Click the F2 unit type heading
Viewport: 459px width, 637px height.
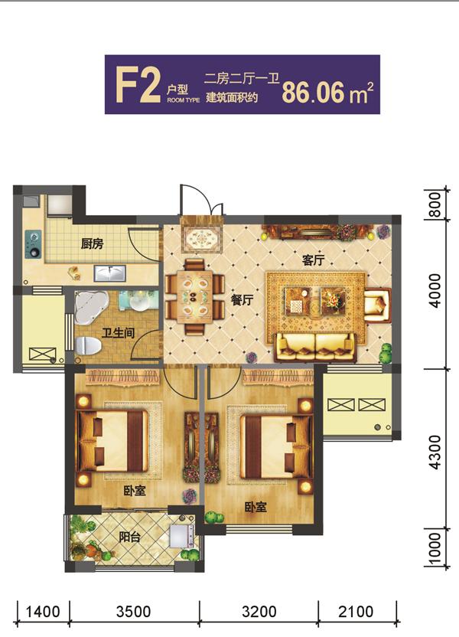coord(138,84)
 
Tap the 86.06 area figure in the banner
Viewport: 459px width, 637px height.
coord(313,93)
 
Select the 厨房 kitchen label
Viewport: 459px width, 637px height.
coord(92,243)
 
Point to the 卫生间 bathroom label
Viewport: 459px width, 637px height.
coord(118,333)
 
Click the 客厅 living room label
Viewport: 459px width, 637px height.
coord(314,260)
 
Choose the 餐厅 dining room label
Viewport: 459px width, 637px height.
coord(243,300)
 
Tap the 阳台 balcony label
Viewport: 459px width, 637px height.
coord(130,537)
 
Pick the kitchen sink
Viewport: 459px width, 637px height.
coord(109,273)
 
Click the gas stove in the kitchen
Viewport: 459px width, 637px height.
coord(33,244)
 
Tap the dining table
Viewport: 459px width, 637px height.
coord(194,296)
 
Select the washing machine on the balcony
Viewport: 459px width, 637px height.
coord(182,535)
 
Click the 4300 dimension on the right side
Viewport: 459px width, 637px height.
coord(435,452)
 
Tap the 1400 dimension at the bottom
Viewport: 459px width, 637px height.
coord(43,612)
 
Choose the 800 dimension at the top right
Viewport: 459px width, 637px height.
coord(435,204)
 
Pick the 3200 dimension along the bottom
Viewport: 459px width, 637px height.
coord(259,612)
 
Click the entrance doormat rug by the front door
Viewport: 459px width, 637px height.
coord(202,238)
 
